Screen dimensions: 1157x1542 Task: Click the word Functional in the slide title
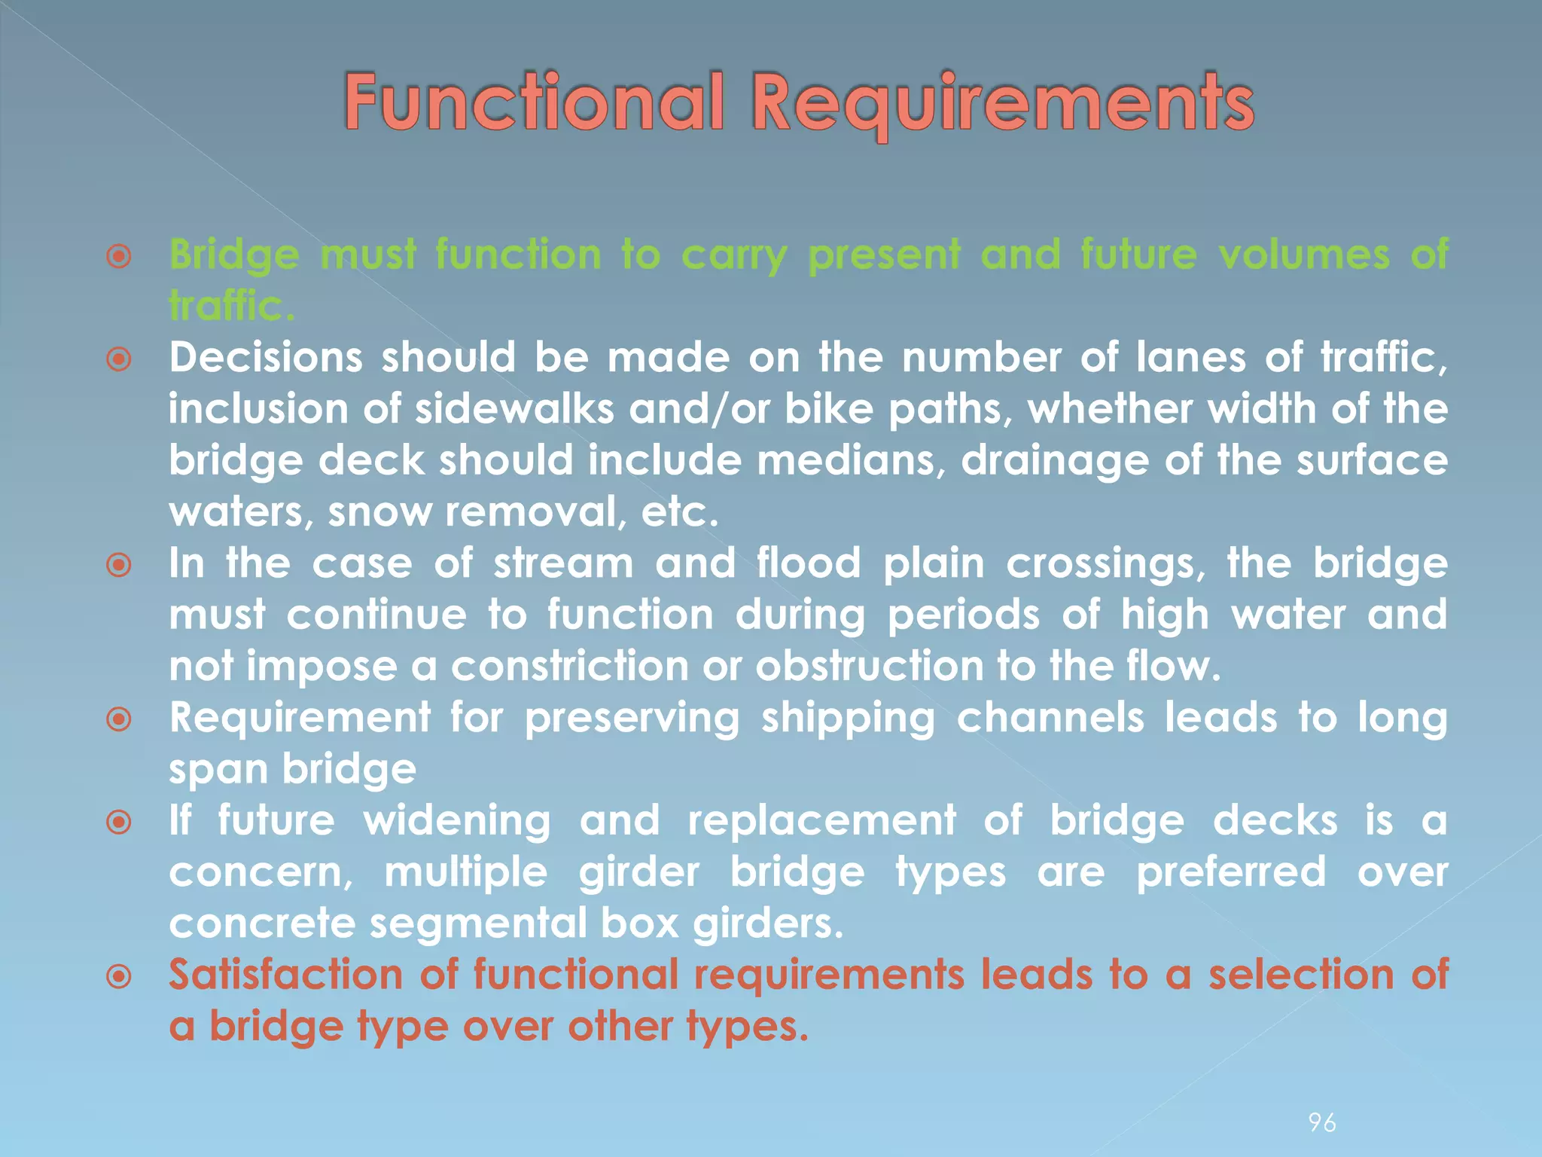[534, 103]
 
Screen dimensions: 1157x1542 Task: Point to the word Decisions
[266, 357]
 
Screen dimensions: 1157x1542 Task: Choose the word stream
[563, 563]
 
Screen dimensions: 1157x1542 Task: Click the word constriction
[568, 667]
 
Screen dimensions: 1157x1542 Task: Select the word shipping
[848, 718]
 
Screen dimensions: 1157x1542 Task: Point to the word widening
[457, 821]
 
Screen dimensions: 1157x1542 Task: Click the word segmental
[476, 923]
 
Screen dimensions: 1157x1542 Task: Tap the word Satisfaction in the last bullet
[285, 975]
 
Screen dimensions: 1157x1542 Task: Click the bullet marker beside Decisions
[119, 359]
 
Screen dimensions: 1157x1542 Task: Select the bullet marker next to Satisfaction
[119, 978]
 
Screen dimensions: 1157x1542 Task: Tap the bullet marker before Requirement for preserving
[119, 720]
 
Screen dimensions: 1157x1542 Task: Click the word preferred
[1230, 872]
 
